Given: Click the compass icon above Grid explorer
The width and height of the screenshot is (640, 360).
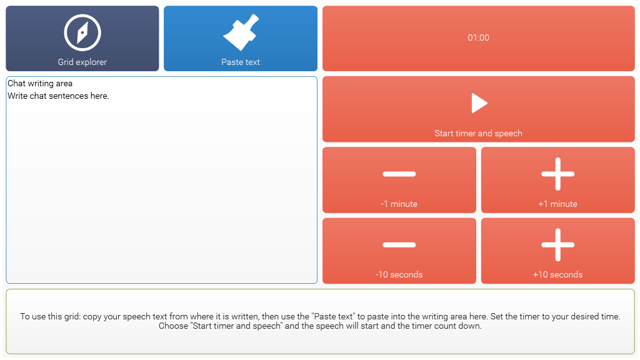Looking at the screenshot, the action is point(82,32).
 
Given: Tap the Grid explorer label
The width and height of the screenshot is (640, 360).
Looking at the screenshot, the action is point(82,62).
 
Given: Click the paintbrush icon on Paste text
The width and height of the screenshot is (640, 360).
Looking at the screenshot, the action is point(241,32).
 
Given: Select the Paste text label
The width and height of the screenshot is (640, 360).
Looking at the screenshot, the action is point(241,62).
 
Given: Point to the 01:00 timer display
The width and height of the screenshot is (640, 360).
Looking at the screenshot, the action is point(478,38).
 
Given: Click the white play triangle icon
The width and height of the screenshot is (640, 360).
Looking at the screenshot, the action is point(479,103).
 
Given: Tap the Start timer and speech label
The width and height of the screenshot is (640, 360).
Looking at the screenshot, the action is point(478,134).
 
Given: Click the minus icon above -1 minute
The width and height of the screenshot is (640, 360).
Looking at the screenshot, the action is point(399,174).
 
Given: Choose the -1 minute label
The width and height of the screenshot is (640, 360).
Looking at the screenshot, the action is point(399,204).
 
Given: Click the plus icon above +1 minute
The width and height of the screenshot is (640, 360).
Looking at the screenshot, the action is point(558,174).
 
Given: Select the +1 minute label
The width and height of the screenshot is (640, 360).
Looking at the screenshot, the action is point(558,204).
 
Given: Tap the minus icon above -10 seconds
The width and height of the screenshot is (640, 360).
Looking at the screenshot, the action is point(399,245).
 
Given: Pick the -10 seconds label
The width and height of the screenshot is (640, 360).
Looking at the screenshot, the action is point(399,275).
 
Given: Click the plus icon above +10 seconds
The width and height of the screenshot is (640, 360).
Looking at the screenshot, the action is point(558,245).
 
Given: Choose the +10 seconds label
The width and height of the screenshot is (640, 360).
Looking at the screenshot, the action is point(558,275).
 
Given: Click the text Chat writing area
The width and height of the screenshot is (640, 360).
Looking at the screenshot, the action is point(40,84).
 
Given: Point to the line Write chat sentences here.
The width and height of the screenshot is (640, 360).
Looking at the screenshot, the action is point(58,96).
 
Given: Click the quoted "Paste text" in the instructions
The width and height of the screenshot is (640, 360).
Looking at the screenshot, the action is point(332,317).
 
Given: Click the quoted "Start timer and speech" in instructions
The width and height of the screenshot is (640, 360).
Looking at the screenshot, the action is point(236,326).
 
